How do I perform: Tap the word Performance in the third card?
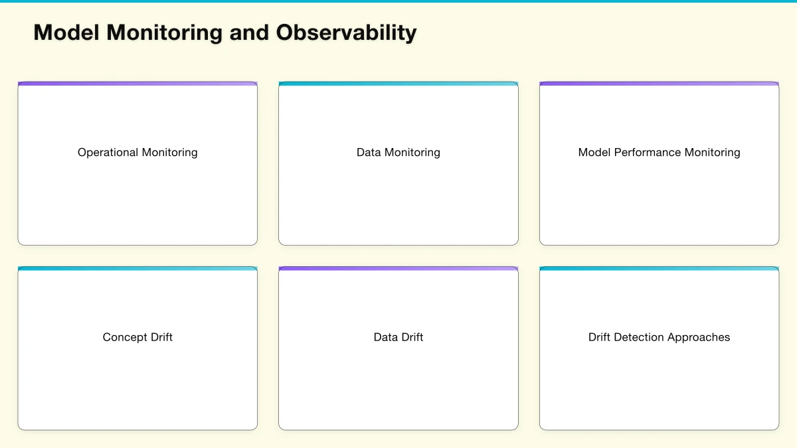[648, 153]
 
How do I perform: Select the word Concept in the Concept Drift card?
[124, 337]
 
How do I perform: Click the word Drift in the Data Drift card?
[412, 337]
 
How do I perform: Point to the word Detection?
[639, 337]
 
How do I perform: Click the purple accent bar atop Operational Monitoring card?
[137, 84]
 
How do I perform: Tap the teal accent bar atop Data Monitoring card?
[398, 84]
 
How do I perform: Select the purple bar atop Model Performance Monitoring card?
[659, 84]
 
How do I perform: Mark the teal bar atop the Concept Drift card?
[137, 269]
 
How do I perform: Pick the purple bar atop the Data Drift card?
[398, 269]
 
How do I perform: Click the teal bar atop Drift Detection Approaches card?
[659, 269]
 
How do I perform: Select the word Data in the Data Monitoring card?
[369, 153]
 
